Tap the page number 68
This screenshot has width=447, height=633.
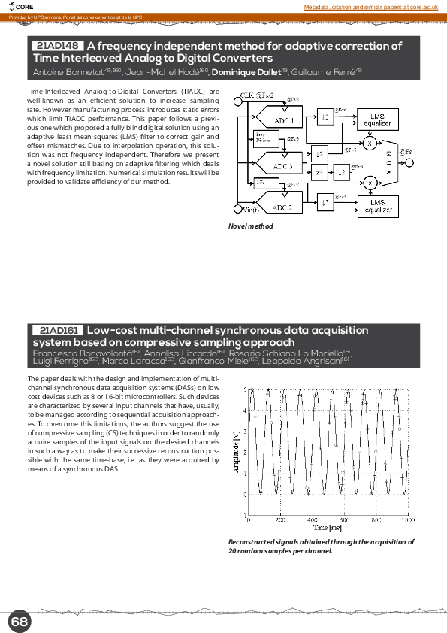tap(20, 622)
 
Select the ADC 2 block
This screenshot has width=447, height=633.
tap(283, 207)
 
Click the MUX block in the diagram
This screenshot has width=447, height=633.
tap(388, 161)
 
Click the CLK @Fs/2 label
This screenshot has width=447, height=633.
tap(256, 95)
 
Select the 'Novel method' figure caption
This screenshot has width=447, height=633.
tap(250, 226)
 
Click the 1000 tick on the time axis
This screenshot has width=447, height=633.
tap(407, 520)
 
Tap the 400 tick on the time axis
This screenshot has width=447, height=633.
tap(312, 520)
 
